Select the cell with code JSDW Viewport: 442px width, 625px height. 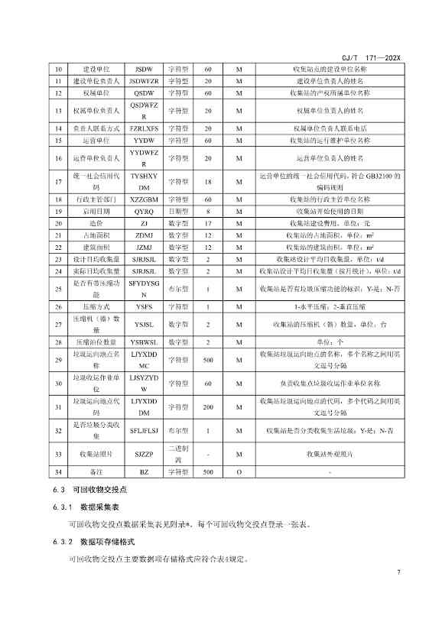point(144,69)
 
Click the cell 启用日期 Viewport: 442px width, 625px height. point(96,210)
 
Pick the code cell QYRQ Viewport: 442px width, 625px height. point(144,210)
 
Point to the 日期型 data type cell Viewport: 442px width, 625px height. point(180,210)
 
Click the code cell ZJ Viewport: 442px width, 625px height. point(144,222)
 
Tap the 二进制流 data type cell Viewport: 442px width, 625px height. point(180,454)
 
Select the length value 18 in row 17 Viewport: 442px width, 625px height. point(207,181)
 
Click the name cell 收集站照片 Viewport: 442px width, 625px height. point(96,454)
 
